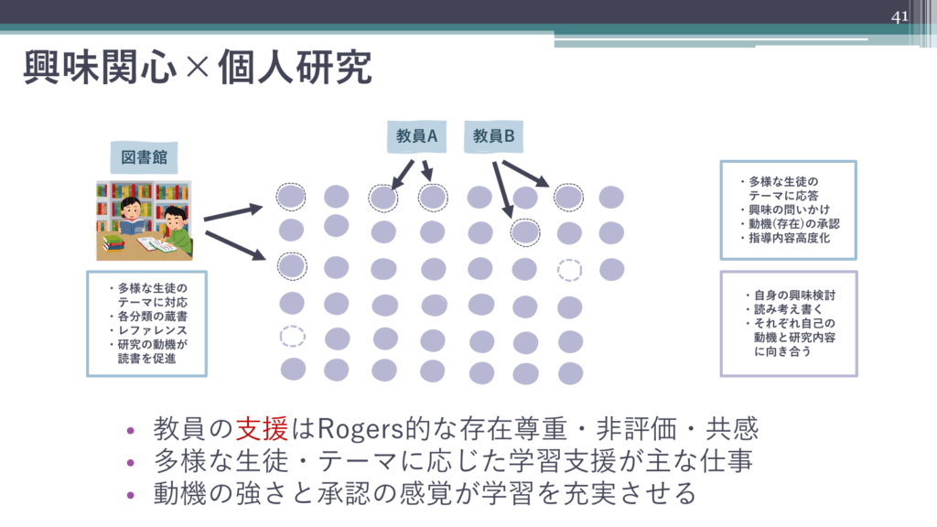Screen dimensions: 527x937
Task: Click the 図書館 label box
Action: [x=145, y=158]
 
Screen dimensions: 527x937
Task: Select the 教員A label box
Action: [x=416, y=136]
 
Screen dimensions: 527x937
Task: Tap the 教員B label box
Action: [x=494, y=136]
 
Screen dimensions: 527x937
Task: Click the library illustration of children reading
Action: [x=145, y=220]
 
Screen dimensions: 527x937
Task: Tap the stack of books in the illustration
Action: [x=113, y=242]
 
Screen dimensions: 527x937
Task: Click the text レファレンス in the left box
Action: [x=152, y=329]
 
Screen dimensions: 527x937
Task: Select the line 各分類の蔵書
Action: [x=153, y=316]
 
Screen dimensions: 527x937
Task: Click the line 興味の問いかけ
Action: [x=783, y=210]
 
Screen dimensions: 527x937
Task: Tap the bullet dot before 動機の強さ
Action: [x=132, y=495]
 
